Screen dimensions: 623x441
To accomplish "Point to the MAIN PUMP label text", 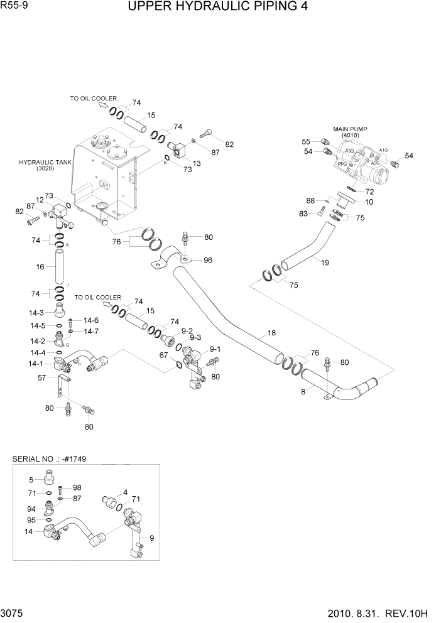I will tap(351, 129).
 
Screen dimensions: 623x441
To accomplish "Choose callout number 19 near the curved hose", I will tap(324, 263).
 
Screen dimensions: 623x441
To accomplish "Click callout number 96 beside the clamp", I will tap(207, 259).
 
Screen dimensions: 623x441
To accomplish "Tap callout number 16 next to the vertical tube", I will tap(40, 267).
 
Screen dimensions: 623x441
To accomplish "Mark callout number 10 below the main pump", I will tap(369, 202).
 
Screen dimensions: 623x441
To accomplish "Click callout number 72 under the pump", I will tap(369, 191).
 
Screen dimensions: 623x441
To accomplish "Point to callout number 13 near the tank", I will tap(197, 163).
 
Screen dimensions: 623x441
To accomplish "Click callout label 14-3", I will tap(36, 313).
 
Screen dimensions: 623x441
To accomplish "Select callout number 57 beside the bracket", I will tap(41, 377).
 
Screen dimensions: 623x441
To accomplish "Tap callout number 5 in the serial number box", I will tap(31, 480).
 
